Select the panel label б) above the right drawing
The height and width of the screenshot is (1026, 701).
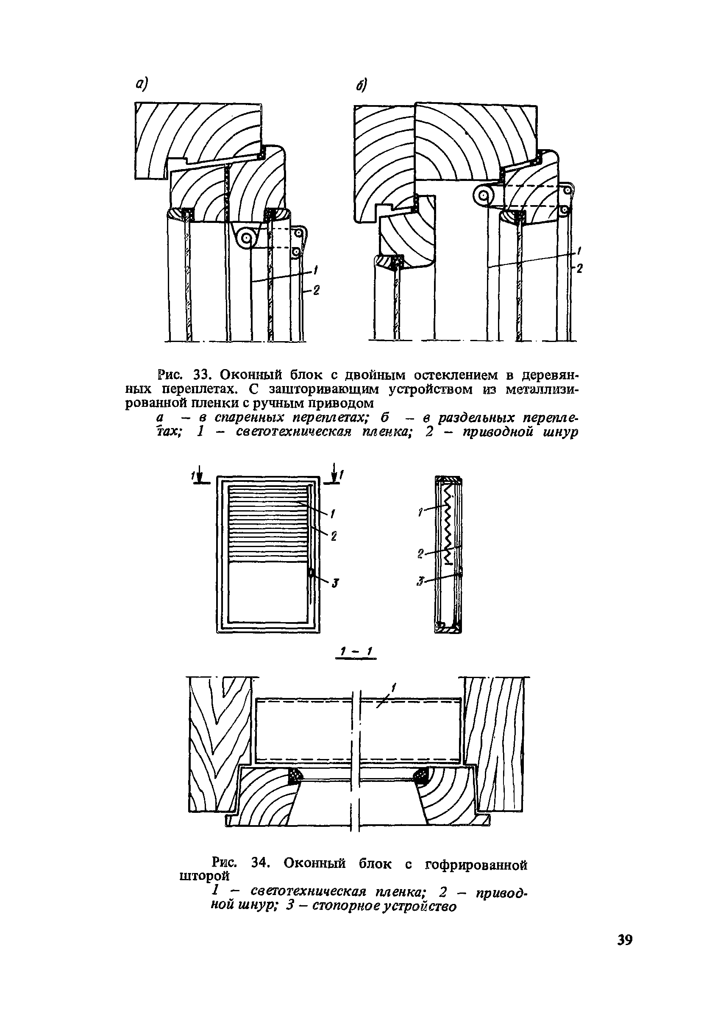(x=362, y=86)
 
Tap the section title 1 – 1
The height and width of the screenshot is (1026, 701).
(x=355, y=652)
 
